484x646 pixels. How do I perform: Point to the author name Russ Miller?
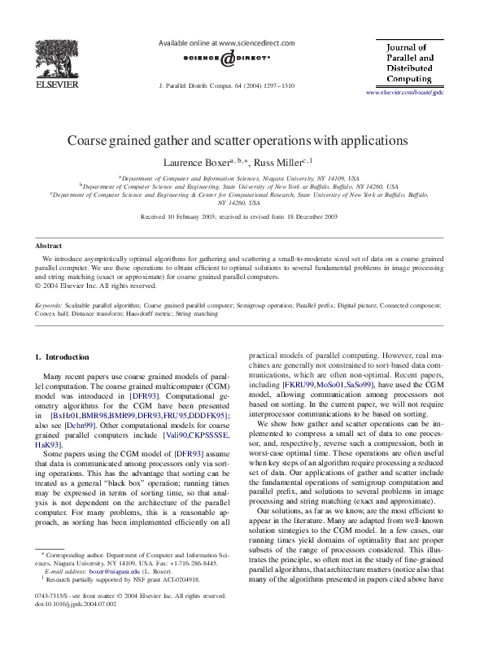tap(277, 163)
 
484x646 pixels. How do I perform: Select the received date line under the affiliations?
tap(242, 217)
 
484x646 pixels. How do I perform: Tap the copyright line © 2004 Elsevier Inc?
tap(96, 286)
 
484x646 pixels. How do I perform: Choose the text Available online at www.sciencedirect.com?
tap(213, 41)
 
